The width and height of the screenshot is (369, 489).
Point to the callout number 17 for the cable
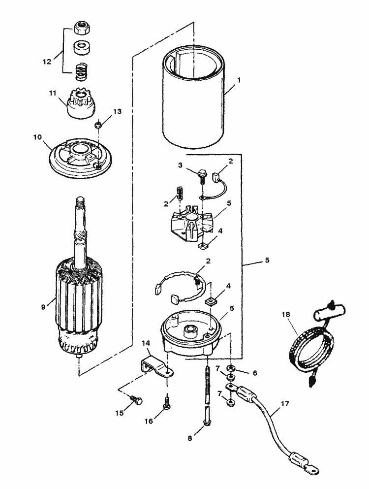tap(285, 403)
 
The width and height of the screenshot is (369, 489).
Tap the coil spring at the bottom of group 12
tap(82, 73)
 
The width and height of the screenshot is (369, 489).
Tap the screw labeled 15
tap(138, 401)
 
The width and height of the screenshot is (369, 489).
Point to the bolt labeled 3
tap(201, 175)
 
